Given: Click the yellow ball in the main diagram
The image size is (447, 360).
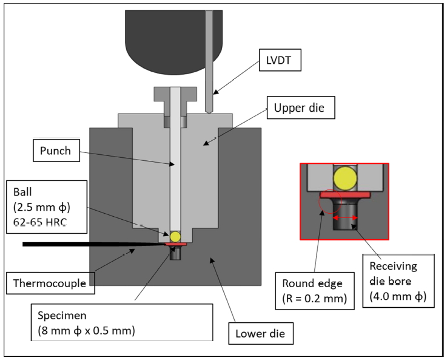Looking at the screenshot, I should (x=175, y=236).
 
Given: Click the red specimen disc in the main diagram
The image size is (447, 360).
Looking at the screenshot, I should (x=175, y=244).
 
